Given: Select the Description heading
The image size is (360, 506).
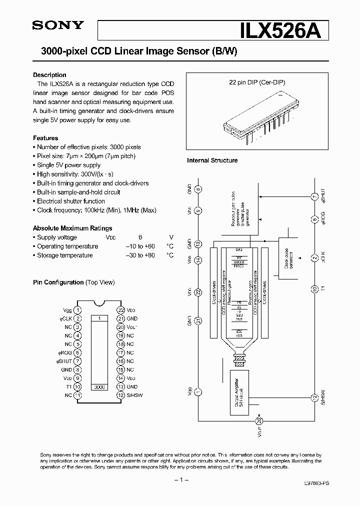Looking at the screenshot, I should tap(49, 75).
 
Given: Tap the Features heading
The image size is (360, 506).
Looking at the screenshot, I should tap(45, 138).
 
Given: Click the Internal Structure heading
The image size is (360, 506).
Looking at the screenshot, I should tap(212, 160).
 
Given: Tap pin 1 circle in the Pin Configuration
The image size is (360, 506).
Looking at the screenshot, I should tap(77, 310).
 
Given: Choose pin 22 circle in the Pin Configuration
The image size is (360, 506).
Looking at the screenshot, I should tap(121, 310).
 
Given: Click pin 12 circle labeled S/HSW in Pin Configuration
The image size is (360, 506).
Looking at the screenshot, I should tap(121, 395).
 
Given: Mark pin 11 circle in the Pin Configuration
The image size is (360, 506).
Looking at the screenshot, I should tap(77, 395).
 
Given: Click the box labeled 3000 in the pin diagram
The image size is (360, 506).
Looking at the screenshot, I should tap(99, 387).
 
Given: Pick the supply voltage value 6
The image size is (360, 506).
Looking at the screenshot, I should tap(140, 237).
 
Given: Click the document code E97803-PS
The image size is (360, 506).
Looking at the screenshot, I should tap(316, 484).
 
